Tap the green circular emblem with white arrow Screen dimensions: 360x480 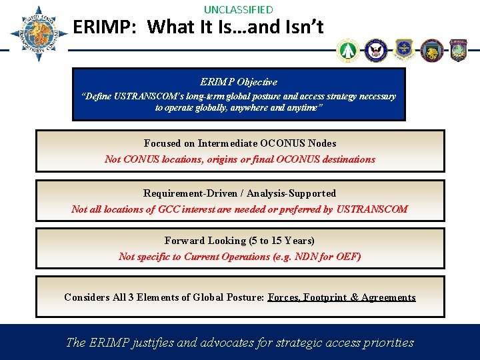tap(347, 50)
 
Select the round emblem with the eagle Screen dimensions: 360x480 tap(375, 50)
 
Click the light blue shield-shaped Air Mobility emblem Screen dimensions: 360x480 tap(404, 50)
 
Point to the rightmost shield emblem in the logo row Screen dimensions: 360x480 tap(459, 50)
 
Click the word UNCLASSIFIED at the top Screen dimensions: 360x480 tap(239, 9)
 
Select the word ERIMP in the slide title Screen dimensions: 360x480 tap(104, 27)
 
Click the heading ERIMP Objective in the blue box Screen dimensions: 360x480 tap(239, 82)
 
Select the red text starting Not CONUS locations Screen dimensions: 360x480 tap(240, 159)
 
